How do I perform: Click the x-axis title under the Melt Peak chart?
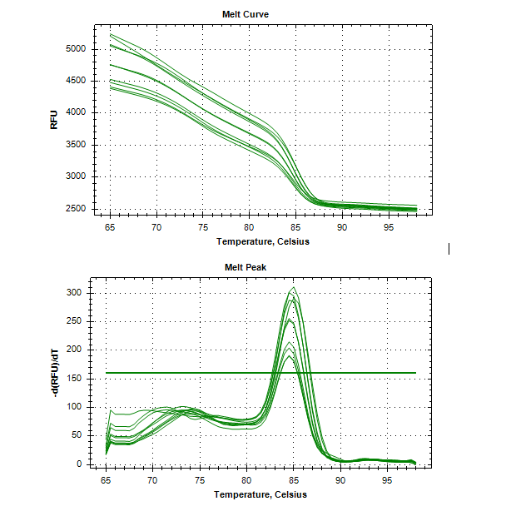point(261,494)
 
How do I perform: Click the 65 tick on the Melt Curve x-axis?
point(110,227)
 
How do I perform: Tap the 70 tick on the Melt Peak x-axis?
point(152,481)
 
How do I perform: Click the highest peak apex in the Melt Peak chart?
point(292,288)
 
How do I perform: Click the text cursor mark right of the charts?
point(449,248)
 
